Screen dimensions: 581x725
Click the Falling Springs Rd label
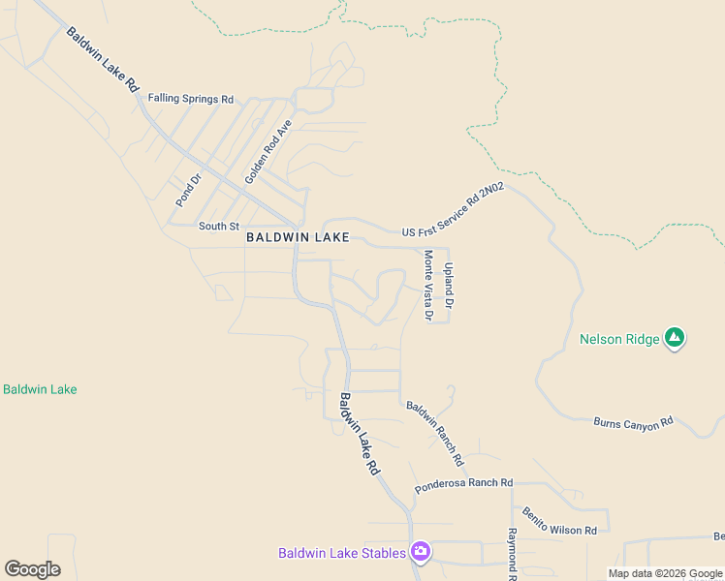[x=191, y=99]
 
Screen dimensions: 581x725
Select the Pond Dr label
[x=187, y=190]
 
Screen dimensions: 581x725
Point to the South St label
[x=218, y=226]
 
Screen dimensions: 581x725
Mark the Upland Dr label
[x=449, y=285]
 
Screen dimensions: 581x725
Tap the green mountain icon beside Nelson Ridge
[x=675, y=338]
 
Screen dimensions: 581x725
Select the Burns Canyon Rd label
[x=633, y=422]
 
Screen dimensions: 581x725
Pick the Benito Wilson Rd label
[x=559, y=521]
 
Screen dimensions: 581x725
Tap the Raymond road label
[x=512, y=553]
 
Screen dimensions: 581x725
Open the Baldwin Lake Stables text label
[x=342, y=553]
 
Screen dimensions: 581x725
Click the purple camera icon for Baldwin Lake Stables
[x=421, y=552]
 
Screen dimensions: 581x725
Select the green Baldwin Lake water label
[x=40, y=389]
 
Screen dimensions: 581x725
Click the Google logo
[x=32, y=569]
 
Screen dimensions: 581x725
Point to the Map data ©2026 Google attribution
[x=664, y=573]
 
